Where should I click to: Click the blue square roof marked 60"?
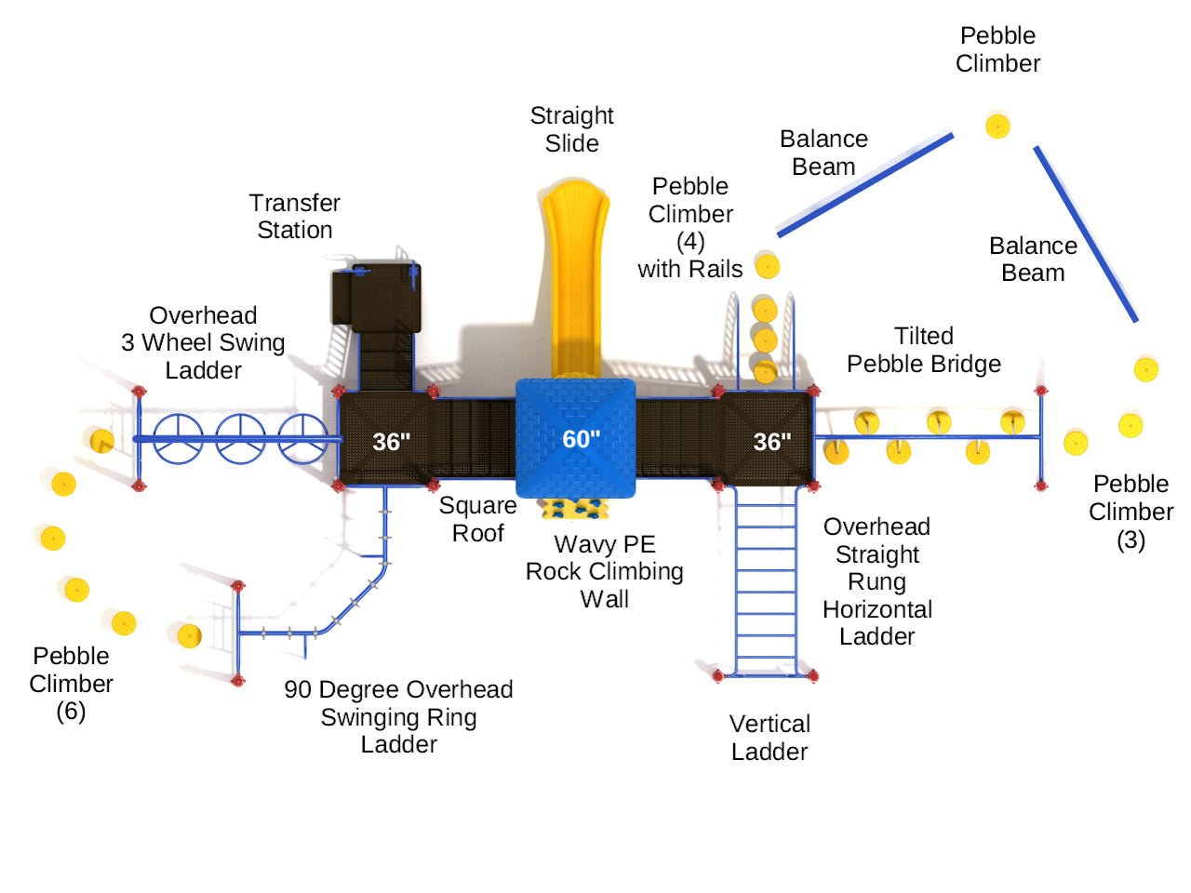pos(576,437)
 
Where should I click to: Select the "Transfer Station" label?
pos(295,217)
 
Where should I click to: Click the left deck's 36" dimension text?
pos(391,442)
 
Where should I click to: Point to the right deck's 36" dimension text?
pos(771,442)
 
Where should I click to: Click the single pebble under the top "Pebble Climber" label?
pos(997,126)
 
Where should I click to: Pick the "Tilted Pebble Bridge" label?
pos(923,350)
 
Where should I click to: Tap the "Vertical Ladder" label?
pos(769,738)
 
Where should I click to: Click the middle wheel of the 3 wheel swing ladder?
pos(241,438)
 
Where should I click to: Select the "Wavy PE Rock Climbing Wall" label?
pos(605,571)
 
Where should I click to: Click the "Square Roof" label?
pos(478,519)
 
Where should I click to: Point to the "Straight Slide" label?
pos(572,129)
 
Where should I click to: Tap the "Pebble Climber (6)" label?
pos(71,684)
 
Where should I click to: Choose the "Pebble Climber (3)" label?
pos(1131,512)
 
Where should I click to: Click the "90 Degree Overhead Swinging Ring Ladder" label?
pos(399,716)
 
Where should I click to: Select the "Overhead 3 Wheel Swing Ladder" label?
pos(203,342)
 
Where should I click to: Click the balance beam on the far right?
pos(1086,234)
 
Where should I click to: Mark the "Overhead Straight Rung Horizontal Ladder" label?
pos(877,581)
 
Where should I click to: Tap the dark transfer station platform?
pos(377,298)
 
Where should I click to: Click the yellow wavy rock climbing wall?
pos(573,508)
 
